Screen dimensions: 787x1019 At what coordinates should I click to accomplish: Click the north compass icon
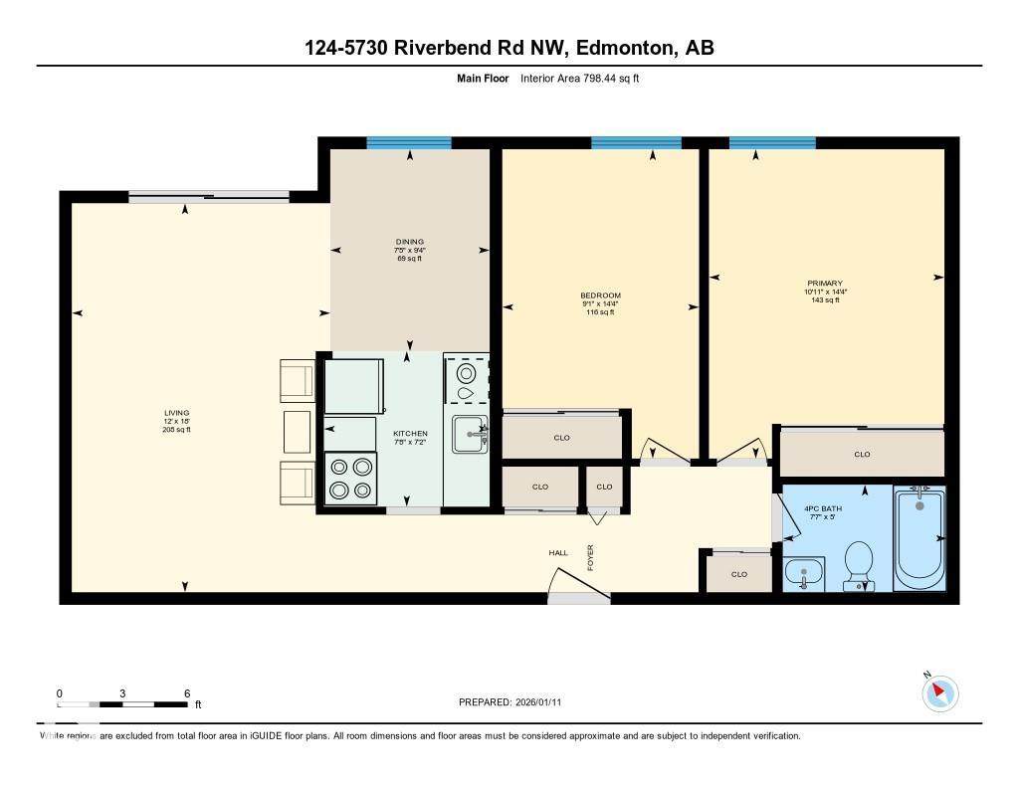[939, 693]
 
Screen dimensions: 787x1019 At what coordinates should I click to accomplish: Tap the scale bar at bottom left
[122, 704]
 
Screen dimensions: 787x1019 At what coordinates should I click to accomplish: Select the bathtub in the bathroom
[919, 537]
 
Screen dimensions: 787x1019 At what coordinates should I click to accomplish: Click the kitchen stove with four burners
[351, 478]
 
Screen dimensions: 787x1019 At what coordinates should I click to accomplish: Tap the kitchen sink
[468, 434]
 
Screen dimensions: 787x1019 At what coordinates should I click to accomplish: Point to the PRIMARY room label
[825, 284]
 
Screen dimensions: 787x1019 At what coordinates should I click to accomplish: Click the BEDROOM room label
[600, 295]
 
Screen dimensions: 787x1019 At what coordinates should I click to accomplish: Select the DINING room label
[409, 242]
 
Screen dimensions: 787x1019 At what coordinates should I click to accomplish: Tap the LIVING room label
[177, 413]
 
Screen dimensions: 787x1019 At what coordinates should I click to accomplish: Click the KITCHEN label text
[410, 434]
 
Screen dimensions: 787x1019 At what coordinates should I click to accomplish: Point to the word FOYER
[590, 558]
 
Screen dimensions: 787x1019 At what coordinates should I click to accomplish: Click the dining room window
[409, 143]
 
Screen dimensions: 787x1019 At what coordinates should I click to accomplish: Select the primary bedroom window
[772, 143]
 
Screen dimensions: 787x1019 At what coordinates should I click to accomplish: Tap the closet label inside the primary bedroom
[862, 455]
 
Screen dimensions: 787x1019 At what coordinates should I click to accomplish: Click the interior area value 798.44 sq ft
[579, 78]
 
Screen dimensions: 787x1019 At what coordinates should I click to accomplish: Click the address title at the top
[509, 48]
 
